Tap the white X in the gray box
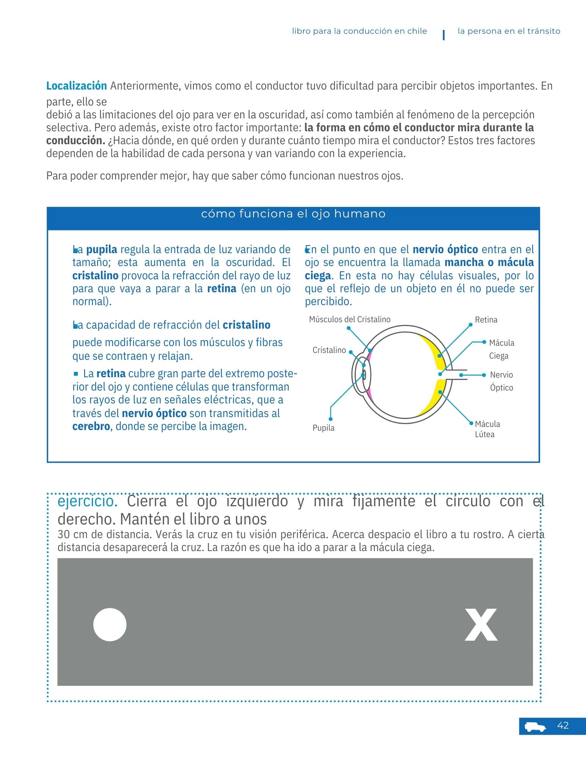pos(481,625)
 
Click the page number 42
pos(563,726)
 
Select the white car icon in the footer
pos(535,727)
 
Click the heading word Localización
pos(76,86)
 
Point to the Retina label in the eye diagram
pos(486,320)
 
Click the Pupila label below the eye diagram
pos(324,428)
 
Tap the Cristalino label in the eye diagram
pos(329,350)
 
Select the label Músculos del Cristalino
pos(350,320)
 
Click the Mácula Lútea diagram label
pos(487,429)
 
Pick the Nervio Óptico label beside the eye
pos(501,381)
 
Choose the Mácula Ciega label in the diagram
pos(501,349)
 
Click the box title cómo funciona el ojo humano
pos(293,214)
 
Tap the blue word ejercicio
pos(88,501)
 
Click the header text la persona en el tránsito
pos(509,31)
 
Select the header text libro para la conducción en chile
pos(359,31)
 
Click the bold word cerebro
pos(91,426)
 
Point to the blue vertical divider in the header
pos(444,35)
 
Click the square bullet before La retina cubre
pos(76,374)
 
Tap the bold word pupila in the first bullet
pos(102,250)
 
